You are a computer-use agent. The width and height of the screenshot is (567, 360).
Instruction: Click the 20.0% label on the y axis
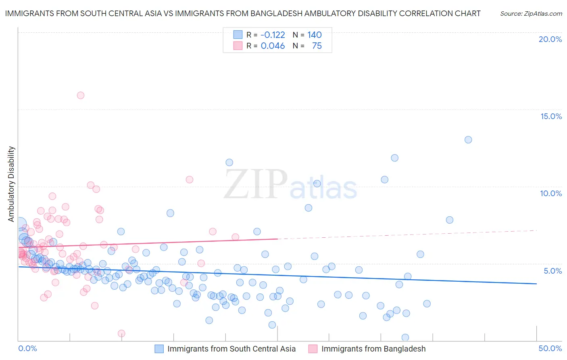pyautogui.click(x=550, y=39)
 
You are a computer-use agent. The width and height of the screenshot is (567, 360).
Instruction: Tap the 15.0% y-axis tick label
pyautogui.click(x=551, y=116)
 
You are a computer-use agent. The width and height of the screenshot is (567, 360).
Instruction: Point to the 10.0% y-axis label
pyautogui.click(x=551, y=193)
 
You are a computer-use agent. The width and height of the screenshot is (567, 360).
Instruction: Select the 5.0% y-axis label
pyautogui.click(x=552, y=271)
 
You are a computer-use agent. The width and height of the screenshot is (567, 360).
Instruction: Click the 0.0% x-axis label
pyautogui.click(x=28, y=348)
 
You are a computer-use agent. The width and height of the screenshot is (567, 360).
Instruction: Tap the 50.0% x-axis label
pyautogui.click(x=550, y=348)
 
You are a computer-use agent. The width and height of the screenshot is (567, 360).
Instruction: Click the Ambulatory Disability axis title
pyautogui.click(x=11, y=184)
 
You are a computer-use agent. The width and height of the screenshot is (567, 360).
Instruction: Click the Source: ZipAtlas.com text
pyautogui.click(x=531, y=13)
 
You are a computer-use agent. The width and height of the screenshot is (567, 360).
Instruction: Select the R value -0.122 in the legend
pyautogui.click(x=273, y=35)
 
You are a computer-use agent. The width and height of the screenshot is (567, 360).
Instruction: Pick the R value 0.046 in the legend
pyautogui.click(x=273, y=46)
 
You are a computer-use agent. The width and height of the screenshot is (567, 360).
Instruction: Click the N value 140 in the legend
pyautogui.click(x=315, y=35)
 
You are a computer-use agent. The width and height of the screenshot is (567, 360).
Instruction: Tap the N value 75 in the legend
pyautogui.click(x=317, y=46)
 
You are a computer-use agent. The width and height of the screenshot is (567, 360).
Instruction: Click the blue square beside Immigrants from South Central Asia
pyautogui.click(x=159, y=349)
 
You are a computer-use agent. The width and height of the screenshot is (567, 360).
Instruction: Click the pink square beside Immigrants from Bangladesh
pyautogui.click(x=313, y=349)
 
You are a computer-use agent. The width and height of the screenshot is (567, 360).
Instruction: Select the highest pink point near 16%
pyautogui.click(x=81, y=95)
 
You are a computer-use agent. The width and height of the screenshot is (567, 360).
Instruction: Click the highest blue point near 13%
pyautogui.click(x=468, y=140)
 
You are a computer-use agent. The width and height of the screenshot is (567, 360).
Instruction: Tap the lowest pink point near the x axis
pyautogui.click(x=121, y=333)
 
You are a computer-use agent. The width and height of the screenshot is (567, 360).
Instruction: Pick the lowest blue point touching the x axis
pyautogui.click(x=405, y=337)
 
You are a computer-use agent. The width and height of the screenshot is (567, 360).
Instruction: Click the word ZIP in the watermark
pyautogui.click(x=256, y=184)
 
